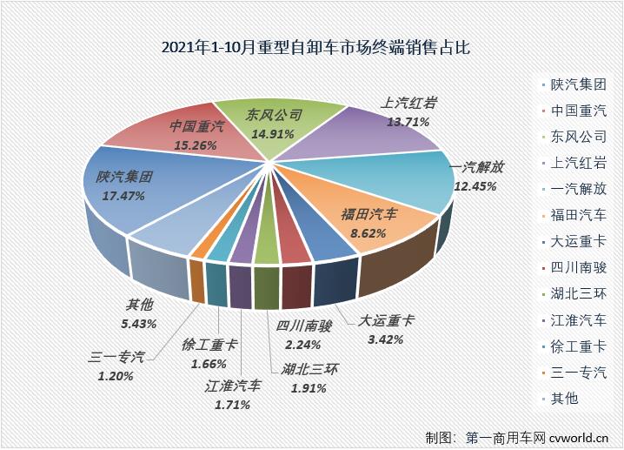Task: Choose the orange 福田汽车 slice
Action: click(369, 222)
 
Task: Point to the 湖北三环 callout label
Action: click(309, 368)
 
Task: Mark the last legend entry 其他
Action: click(564, 399)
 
